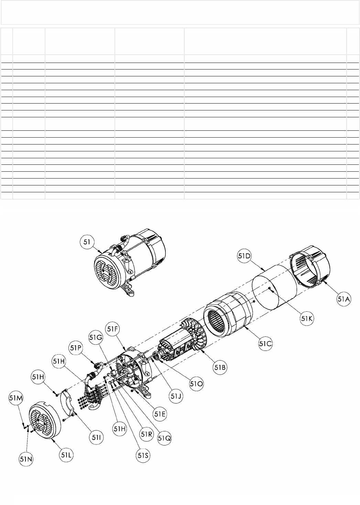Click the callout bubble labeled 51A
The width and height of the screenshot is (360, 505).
pyautogui.click(x=344, y=299)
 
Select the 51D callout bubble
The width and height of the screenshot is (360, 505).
pyautogui.click(x=244, y=256)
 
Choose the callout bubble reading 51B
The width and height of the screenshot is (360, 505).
pyautogui.click(x=220, y=367)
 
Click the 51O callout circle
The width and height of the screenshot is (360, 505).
pyautogui.click(x=196, y=384)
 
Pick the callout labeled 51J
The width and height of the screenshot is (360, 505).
pyautogui.click(x=176, y=396)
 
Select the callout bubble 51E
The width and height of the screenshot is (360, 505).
pyautogui.click(x=160, y=414)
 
